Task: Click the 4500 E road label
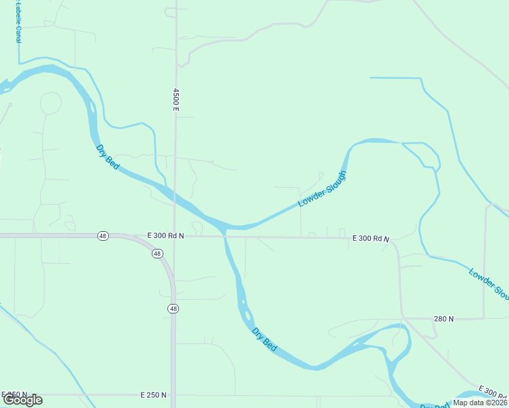[176, 99]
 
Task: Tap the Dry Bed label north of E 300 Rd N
[108, 156]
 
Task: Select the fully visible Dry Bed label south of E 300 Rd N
[264, 339]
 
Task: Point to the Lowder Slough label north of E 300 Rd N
[323, 189]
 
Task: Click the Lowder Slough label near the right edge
[489, 284]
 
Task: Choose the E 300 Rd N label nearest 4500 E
[165, 235]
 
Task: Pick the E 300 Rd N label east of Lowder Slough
[371, 239]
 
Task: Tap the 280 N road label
[444, 318]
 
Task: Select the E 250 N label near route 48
[153, 395]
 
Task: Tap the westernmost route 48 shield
[102, 236]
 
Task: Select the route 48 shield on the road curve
[157, 254]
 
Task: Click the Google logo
[22, 400]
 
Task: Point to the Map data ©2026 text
[480, 403]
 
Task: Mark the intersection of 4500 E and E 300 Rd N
[174, 236]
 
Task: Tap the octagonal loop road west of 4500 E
[50, 103]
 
